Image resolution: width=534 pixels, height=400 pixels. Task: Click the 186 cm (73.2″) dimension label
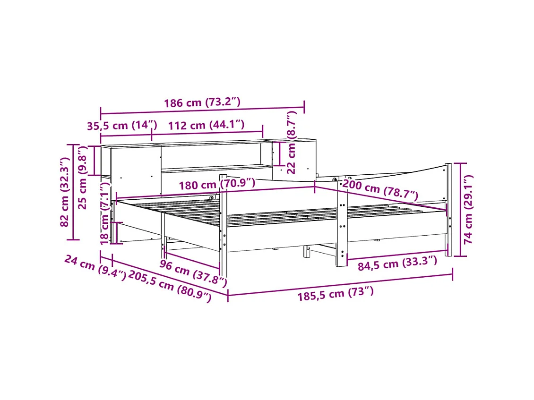(x=202, y=102)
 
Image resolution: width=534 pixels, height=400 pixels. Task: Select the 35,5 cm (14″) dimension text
(x=121, y=125)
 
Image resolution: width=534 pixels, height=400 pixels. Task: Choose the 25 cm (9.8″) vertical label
(x=83, y=177)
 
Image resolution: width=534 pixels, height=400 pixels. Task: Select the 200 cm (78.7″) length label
(x=380, y=190)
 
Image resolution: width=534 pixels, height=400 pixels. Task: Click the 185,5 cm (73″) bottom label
(x=335, y=294)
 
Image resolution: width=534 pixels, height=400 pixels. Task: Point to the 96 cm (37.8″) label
(x=193, y=273)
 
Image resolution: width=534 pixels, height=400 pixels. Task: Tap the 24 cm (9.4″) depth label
(x=95, y=267)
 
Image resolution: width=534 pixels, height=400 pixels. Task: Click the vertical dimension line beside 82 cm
(x=73, y=192)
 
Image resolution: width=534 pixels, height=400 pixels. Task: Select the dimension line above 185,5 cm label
(x=340, y=284)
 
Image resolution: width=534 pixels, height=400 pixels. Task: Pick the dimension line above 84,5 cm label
(x=397, y=254)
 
